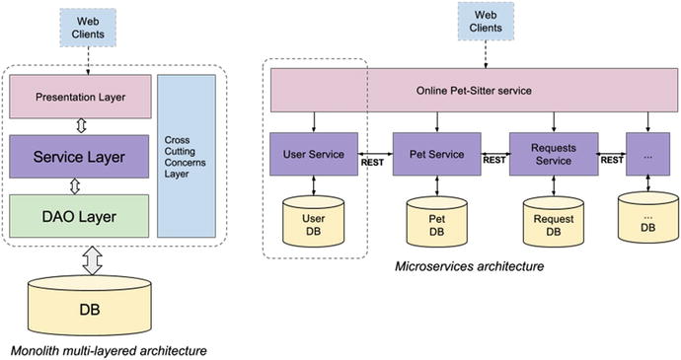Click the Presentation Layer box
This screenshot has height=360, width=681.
pyautogui.click(x=80, y=97)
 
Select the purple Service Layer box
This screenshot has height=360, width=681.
pyautogui.click(x=80, y=156)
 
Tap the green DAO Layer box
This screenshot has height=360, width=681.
pyautogui.click(x=80, y=215)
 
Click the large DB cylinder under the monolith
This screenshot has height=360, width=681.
pyautogui.click(x=95, y=304)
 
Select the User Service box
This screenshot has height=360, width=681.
pyautogui.click(x=314, y=155)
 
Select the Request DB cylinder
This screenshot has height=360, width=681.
pyautogui.click(x=554, y=222)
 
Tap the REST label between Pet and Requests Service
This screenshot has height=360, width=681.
pyautogui.click(x=493, y=161)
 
